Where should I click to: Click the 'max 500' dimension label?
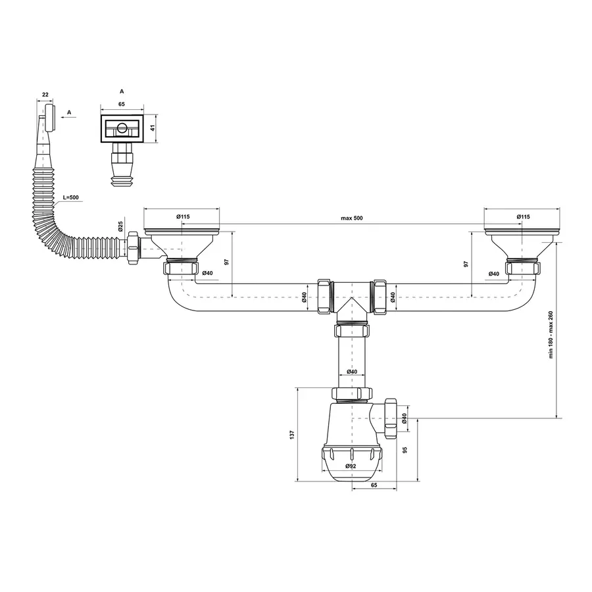click(x=351, y=218)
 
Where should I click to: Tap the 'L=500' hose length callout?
click(x=70, y=197)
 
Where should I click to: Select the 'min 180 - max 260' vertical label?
click(x=551, y=335)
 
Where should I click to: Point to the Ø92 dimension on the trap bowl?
click(x=351, y=466)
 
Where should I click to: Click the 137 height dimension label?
click(x=291, y=435)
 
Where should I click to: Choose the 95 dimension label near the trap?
click(x=405, y=450)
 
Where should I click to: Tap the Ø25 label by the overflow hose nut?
click(x=120, y=226)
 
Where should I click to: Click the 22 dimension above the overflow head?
click(x=45, y=94)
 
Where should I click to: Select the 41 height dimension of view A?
click(x=153, y=128)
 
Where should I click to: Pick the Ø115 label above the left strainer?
click(x=183, y=216)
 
